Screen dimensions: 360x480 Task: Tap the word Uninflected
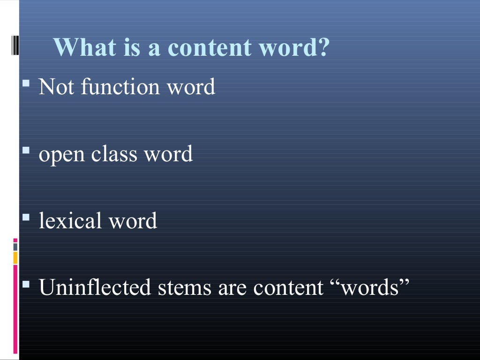click(95, 287)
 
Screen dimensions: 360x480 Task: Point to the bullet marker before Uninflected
click(26, 285)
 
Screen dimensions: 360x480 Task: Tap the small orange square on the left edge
click(15, 257)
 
